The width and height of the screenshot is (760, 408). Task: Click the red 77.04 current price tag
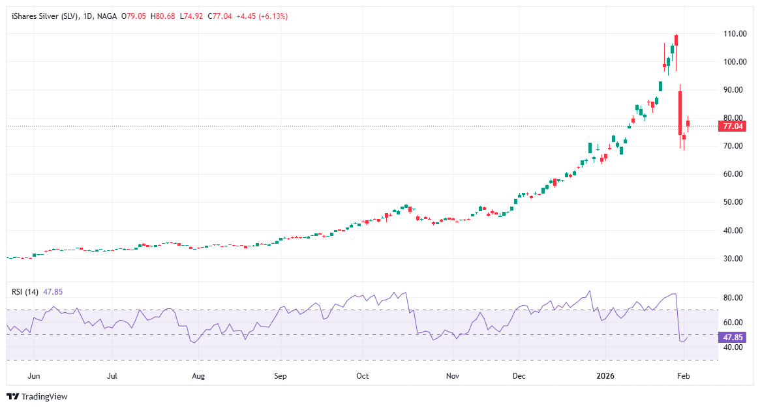(x=730, y=126)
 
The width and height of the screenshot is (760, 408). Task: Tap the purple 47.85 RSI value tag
(x=730, y=338)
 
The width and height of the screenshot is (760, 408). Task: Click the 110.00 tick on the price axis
(x=734, y=34)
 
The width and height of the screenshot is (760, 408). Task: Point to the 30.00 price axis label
(x=734, y=259)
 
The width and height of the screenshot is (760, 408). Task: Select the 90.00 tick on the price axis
(x=734, y=90)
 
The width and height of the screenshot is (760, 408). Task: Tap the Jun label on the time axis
(x=35, y=376)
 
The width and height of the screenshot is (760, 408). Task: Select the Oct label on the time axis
(x=363, y=376)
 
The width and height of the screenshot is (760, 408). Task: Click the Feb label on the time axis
(x=683, y=376)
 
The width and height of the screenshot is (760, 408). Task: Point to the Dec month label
(x=519, y=376)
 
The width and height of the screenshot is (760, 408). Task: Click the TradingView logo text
(x=44, y=396)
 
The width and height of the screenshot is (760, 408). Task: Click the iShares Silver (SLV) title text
(x=44, y=16)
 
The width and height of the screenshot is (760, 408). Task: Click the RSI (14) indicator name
(x=25, y=291)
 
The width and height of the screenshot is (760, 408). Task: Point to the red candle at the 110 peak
(x=676, y=40)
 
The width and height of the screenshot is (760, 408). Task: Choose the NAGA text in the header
(x=106, y=16)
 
